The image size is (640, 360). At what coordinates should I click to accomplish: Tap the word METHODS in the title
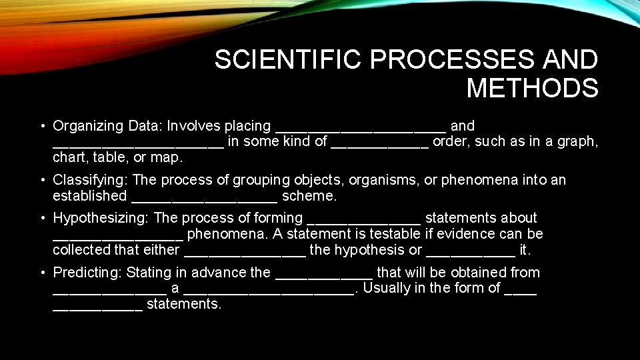tap(532, 88)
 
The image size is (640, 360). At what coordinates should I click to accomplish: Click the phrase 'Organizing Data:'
tap(108, 126)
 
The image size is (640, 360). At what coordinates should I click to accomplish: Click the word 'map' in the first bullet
tap(168, 158)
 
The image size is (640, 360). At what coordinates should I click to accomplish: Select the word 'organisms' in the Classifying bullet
tap(373, 180)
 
